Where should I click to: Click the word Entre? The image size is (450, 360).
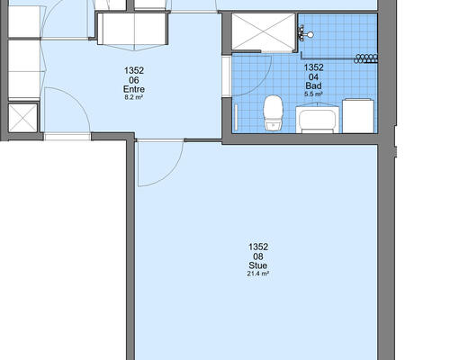point(134,89)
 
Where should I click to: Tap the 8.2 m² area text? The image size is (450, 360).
point(134,97)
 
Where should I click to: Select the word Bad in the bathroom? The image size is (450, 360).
point(313,85)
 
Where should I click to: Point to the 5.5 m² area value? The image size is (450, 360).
point(313,94)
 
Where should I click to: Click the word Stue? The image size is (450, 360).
point(258,265)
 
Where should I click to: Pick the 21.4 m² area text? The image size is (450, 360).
point(258,274)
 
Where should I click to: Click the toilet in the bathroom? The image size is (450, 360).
point(273,113)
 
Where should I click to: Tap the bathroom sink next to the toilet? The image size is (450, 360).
point(318,119)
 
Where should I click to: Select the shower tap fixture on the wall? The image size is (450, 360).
point(304,33)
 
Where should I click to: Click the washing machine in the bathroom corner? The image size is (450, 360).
point(358,116)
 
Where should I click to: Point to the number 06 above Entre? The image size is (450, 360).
point(134,80)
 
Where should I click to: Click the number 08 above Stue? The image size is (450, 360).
point(258,256)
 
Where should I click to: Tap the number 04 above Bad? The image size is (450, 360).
point(313,77)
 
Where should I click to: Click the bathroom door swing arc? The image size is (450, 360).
point(264,81)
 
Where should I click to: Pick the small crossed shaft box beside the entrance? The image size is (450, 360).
point(23,118)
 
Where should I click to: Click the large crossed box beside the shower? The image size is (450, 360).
point(264,31)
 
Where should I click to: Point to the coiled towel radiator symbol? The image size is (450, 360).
point(365,58)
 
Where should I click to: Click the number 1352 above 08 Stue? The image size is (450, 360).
point(258,247)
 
